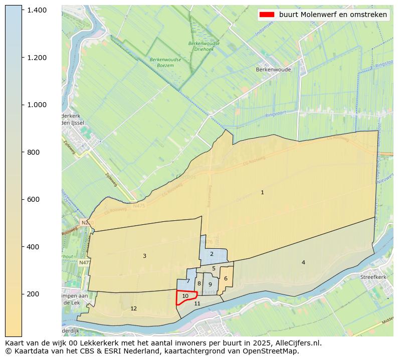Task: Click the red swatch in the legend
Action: [266, 15]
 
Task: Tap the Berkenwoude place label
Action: [273, 70]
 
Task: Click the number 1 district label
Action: [262, 192]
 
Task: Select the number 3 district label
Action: [144, 256]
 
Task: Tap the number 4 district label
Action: [303, 262]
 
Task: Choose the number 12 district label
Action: [133, 308]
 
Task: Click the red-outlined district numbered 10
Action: [185, 296]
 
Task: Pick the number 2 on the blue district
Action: [212, 254]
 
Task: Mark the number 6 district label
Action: [226, 278]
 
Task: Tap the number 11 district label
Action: [197, 303]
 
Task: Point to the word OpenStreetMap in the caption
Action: [273, 351]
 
